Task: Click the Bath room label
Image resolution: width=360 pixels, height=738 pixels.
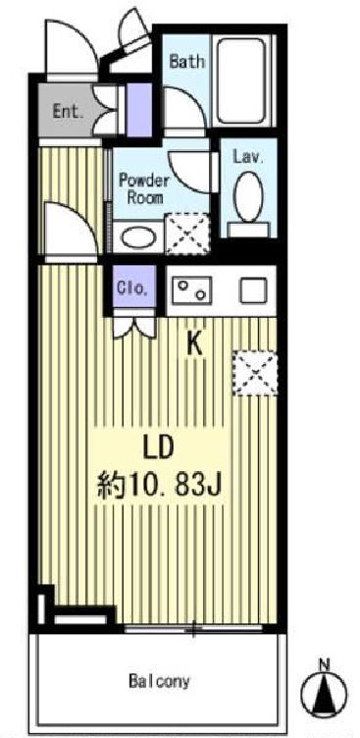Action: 186,61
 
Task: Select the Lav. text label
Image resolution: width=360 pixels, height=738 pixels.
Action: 245,155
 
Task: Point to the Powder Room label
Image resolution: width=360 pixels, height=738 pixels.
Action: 144,187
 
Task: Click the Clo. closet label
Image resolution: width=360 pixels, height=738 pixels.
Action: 132,289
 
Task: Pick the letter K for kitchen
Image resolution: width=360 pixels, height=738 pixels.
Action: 194,343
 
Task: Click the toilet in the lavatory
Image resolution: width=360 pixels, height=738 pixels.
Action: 249,199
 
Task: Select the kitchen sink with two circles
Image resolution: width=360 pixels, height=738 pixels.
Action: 193,290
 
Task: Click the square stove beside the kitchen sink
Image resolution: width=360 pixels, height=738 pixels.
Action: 254,290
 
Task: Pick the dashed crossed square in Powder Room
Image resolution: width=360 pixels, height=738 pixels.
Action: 186,234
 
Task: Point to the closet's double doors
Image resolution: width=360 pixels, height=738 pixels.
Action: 132,324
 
